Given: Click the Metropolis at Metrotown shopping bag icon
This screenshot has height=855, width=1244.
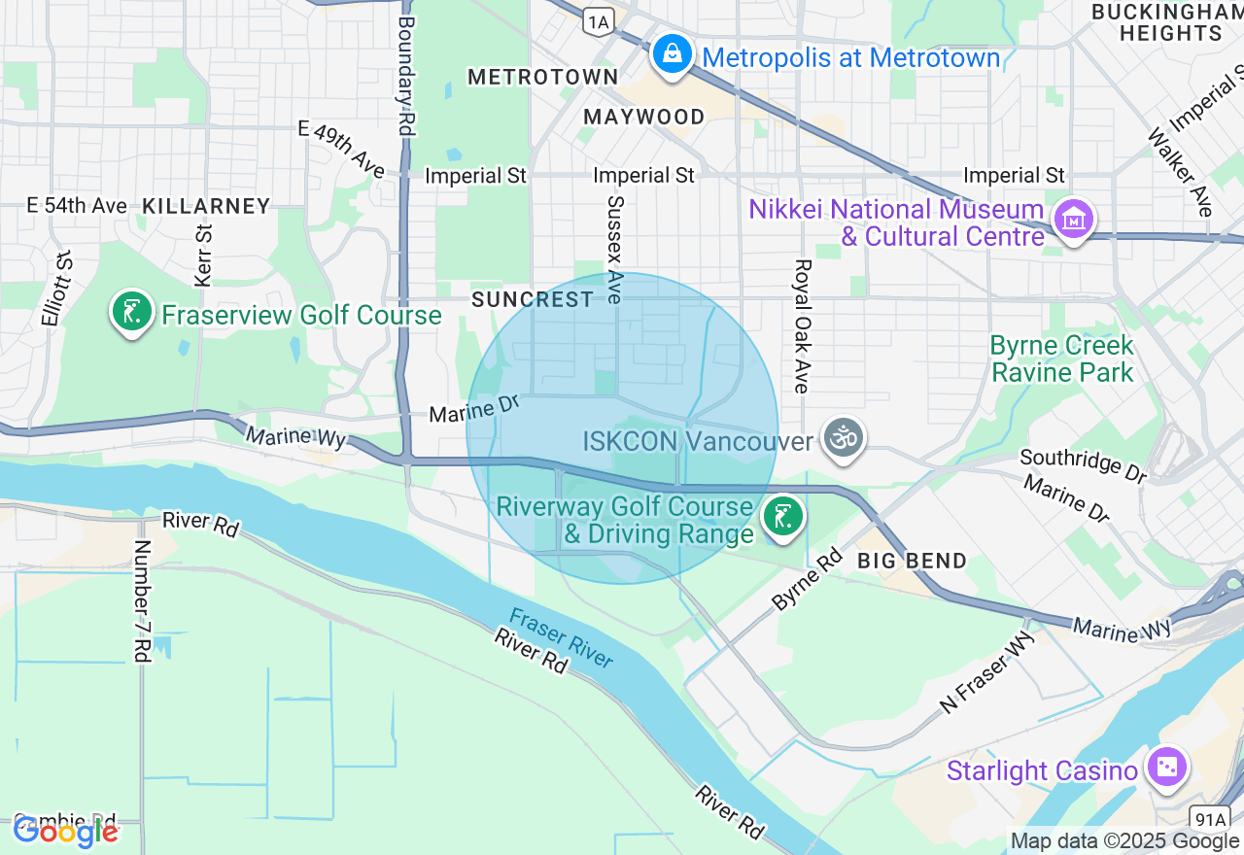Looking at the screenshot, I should click(672, 54).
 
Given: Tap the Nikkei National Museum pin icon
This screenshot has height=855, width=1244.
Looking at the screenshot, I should click(1073, 221).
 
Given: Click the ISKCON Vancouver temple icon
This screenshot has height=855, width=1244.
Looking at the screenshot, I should click(843, 439).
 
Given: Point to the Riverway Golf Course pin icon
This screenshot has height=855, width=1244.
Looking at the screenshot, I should click(781, 516).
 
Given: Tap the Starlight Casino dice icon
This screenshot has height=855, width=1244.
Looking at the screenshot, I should click(1165, 768).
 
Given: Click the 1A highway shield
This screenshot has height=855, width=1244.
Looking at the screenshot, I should click(599, 19).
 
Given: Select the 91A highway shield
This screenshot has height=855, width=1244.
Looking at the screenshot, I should click(1211, 818).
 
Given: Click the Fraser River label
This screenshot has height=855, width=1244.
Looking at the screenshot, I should click(562, 638).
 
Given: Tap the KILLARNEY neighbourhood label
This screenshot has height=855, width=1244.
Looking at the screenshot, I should click(206, 206).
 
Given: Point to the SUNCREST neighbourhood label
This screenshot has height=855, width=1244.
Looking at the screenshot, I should click(533, 299).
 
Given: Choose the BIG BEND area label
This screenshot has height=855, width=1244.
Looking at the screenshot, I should click(912, 561).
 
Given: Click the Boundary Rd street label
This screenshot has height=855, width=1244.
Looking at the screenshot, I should click(406, 76).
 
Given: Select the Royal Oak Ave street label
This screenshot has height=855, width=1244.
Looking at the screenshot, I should click(802, 325).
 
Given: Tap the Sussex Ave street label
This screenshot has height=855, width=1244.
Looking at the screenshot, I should click(614, 250).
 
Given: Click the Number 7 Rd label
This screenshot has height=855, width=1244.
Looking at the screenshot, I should click(142, 601).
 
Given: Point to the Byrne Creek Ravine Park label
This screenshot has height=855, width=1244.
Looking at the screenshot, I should click(1061, 359).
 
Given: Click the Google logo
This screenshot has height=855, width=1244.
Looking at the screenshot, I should click(65, 831).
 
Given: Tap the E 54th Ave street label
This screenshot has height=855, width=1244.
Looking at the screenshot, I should click(77, 205).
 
